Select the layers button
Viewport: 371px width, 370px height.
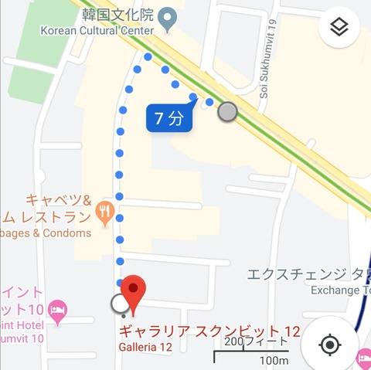click(339, 28)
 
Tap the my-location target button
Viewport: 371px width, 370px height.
click(329, 344)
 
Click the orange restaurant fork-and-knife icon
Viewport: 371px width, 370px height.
click(105, 209)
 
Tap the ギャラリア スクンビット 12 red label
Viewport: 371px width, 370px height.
click(209, 331)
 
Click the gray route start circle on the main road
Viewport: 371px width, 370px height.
click(227, 112)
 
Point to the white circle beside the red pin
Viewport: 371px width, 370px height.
click(121, 304)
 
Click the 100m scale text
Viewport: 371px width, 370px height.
click(274, 360)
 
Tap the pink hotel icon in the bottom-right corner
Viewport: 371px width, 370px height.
click(363, 357)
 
